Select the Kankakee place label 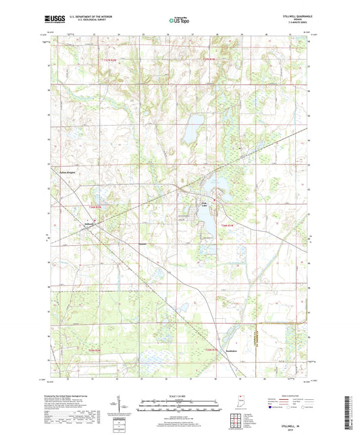click(x=232, y=352)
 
